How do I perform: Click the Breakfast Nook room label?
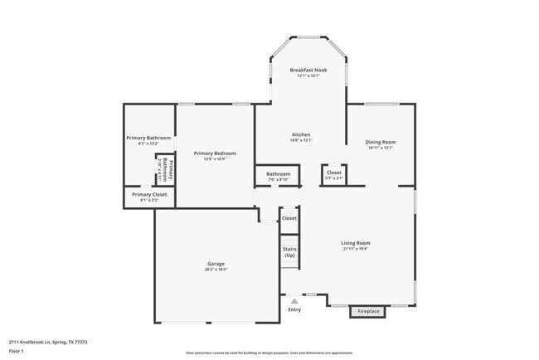point(308,71)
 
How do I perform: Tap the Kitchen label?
point(300,134)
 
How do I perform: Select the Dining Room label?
point(380,142)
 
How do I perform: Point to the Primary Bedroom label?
point(215,153)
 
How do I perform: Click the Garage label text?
point(216,264)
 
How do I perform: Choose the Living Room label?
point(356,243)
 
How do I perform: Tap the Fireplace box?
point(368,311)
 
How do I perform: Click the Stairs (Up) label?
point(289,252)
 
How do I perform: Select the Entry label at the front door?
point(294,310)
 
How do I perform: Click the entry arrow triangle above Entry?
point(293,300)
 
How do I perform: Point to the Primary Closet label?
point(149,194)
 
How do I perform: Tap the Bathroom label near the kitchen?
point(278,174)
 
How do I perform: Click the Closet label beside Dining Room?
point(333,173)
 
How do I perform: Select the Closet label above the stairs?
point(289,218)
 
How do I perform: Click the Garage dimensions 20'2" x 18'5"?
point(216,270)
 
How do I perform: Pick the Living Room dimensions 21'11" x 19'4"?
point(356,249)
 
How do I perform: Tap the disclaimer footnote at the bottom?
point(269,352)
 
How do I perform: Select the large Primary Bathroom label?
point(148,138)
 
